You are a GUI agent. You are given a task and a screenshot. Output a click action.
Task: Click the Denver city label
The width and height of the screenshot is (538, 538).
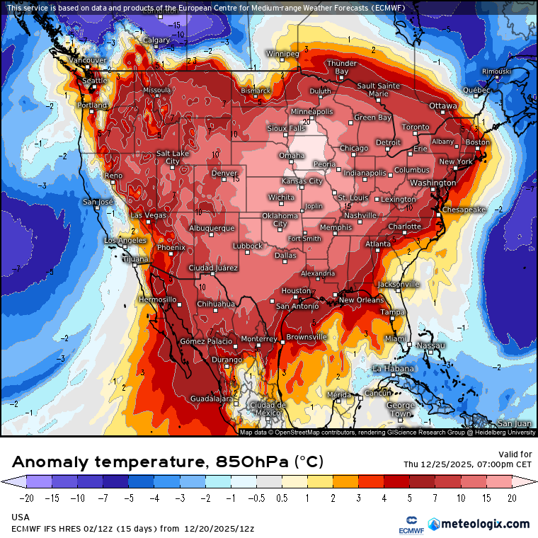pos(224,173)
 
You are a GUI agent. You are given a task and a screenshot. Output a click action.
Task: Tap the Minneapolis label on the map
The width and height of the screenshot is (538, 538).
pos(311,112)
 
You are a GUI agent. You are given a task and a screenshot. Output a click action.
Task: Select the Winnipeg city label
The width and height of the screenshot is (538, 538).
pos(282,54)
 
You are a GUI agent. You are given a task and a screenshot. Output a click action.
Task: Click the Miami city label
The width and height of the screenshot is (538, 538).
pos(396,339)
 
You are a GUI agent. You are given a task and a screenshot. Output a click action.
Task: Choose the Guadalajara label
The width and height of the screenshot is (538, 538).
pos(212,399)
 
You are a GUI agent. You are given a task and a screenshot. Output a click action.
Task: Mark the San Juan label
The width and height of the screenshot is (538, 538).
pos(515,423)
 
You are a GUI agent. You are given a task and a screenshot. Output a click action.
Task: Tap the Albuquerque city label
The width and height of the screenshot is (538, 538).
pos(212,228)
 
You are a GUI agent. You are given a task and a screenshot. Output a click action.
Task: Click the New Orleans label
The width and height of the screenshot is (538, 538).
pos(361,300)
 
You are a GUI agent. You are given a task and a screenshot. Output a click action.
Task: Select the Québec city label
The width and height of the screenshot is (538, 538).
pos(476,90)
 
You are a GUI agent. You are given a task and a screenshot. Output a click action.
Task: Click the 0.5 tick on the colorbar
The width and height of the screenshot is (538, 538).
pos(282,498)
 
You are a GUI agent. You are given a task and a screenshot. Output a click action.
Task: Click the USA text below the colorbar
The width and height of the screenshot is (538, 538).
pos(21,517)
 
